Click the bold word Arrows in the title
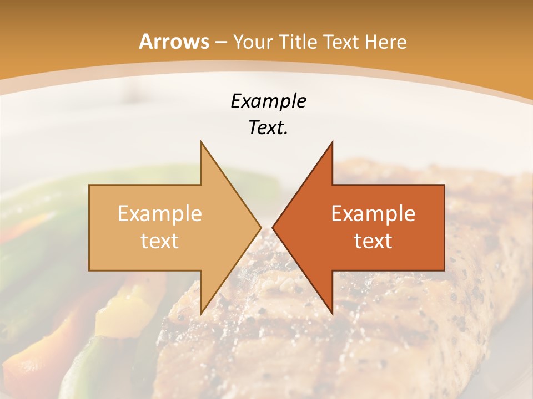point(174,42)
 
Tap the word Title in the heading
point(299,42)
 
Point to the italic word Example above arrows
point(268,101)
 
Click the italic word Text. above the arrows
point(268,128)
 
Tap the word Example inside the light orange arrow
point(160,213)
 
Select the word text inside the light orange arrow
point(160,241)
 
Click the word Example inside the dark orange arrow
point(373,213)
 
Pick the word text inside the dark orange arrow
point(373,241)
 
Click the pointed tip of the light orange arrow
point(260,227)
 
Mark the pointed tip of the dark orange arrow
point(273,227)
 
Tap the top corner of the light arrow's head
point(201,142)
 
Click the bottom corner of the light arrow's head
point(201,313)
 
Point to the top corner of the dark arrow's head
point(332,142)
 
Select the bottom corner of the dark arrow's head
point(332,313)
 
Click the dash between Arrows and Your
point(221,42)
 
